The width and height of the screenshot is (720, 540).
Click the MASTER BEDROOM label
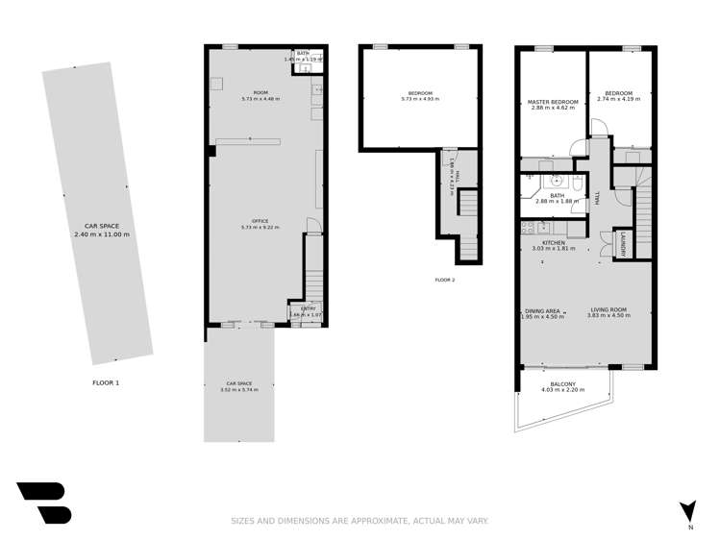pyautogui.click(x=553, y=102)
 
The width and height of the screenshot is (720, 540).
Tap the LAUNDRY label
pyautogui.click(x=623, y=244)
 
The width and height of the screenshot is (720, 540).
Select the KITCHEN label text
pyautogui.click(x=553, y=243)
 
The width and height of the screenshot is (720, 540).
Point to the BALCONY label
pyautogui.click(x=563, y=382)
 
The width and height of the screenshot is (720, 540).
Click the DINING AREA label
pyautogui.click(x=542, y=310)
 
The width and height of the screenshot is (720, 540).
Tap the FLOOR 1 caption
pyautogui.click(x=106, y=382)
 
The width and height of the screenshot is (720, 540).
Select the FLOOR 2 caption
pyautogui.click(x=444, y=280)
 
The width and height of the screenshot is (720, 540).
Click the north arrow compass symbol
pyautogui.click(x=686, y=511)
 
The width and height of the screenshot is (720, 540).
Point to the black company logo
pyautogui.click(x=43, y=503)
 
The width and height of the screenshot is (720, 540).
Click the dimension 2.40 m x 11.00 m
pyautogui.click(x=101, y=233)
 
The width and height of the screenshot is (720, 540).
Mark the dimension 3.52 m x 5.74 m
pyautogui.click(x=238, y=390)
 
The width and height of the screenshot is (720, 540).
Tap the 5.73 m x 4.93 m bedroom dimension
pyautogui.click(x=419, y=99)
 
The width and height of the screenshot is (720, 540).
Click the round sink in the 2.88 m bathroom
pyautogui.click(x=556, y=181)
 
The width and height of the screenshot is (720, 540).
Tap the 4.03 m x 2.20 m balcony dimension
pyautogui.click(x=563, y=389)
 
